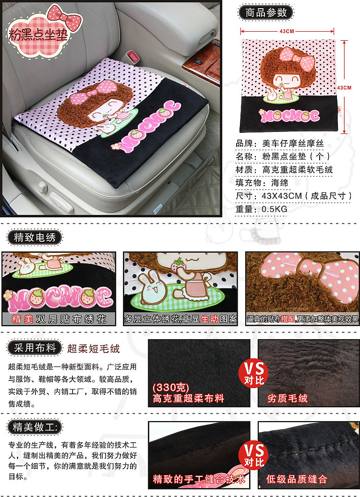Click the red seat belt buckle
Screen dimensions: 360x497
point(133,57)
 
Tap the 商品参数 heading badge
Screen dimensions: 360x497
point(266,12)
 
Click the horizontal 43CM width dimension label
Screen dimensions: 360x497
point(287,31)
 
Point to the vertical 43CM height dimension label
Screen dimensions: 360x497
point(344,87)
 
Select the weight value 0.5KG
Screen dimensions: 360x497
point(275,209)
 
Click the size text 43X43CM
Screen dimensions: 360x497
point(282,196)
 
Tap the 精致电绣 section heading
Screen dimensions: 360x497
point(35,237)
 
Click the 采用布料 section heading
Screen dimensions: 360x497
point(35,348)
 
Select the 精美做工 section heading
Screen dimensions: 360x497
point(35,427)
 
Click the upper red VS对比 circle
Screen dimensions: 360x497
point(254,373)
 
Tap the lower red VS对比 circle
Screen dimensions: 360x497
point(254,454)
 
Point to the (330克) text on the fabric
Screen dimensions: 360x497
point(171,387)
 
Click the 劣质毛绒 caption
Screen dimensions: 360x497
point(287,398)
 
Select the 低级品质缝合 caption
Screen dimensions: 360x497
point(296,479)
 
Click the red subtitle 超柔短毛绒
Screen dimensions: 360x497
point(94,349)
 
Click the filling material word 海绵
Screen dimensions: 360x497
point(279,183)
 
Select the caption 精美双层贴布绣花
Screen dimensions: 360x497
point(59,319)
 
